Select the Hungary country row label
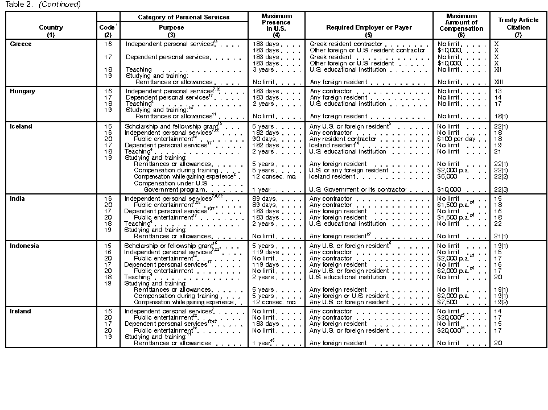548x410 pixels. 23,91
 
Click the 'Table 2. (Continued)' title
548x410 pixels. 43,5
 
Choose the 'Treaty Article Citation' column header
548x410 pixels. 518,23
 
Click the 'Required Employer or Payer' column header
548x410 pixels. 368,27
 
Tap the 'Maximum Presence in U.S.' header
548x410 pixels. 276,23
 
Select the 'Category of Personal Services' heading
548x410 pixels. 183,17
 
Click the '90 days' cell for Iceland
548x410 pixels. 265,139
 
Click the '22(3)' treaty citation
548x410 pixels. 501,189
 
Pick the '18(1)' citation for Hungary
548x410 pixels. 501,116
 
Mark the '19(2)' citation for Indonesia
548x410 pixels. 501,302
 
